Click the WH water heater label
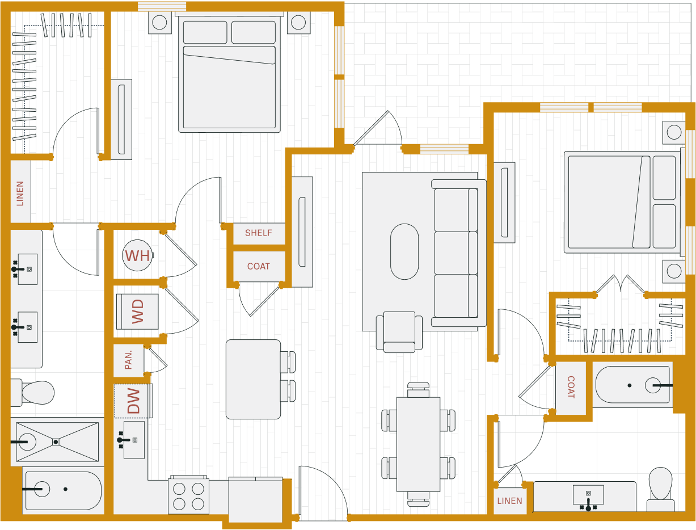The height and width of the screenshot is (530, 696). tap(137, 256)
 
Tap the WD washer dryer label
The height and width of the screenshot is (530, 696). tap(137, 312)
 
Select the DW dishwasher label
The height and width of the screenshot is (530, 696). tap(133, 401)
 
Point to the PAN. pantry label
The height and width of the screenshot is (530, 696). tap(128, 360)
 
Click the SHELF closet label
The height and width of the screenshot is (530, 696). tap(259, 233)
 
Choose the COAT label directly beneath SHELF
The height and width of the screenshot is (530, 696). tap(259, 266)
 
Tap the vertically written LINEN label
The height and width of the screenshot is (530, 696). tap(20, 193)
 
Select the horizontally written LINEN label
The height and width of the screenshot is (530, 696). tap(509, 501)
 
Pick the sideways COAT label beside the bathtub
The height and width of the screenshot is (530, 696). tap(571, 388)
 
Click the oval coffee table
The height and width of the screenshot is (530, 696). tap(404, 251)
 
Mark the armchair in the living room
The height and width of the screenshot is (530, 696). tap(399, 331)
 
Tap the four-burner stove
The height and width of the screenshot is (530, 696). tap(188, 496)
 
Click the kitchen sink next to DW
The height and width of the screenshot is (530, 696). tap(133, 440)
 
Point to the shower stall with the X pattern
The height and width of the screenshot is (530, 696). tap(57, 441)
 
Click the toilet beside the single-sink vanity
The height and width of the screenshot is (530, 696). tap(660, 488)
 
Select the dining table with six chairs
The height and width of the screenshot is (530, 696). tap(418, 444)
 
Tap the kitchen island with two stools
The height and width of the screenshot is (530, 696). tap(253, 379)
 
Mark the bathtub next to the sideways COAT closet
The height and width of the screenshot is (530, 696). tap(632, 385)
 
